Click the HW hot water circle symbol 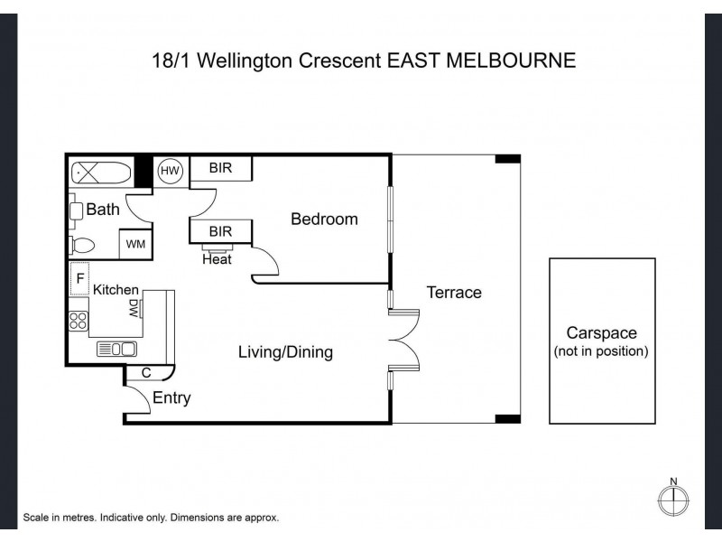171,170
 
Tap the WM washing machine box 137,244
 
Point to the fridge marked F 79,278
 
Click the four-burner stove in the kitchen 78,320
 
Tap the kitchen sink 116,348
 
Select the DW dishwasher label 134,309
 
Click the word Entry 171,397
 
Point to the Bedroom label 324,219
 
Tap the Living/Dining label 285,352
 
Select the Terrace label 454,292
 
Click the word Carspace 601,333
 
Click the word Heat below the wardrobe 218,260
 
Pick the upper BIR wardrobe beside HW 220,168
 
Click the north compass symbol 672,498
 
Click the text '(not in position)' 601,351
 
